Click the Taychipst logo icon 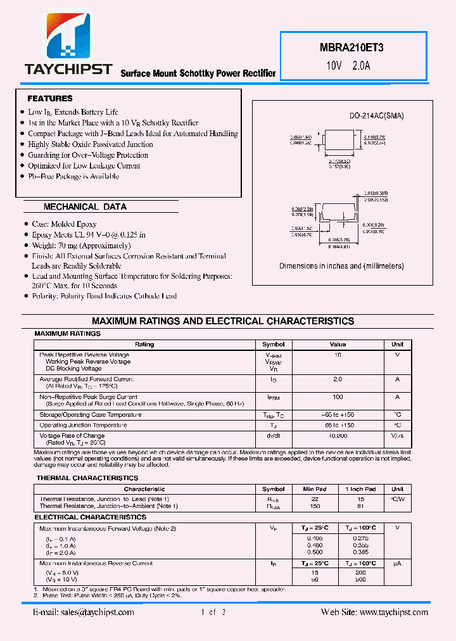pyautogui.click(x=68, y=36)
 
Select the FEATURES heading pyautogui.click(x=49, y=99)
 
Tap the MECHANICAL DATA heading pyautogui.click(x=85, y=206)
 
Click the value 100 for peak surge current pyautogui.click(x=338, y=397)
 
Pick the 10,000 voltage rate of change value pyautogui.click(x=338, y=436)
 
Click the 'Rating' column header pyautogui.click(x=144, y=345)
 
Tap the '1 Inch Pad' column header pyautogui.click(x=360, y=489)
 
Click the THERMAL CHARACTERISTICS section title pyautogui.click(x=87, y=478)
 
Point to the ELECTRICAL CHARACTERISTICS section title pyautogui.click(x=91, y=517)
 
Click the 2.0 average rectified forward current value pyautogui.click(x=338, y=379)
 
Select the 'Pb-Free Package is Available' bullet pyautogui.click(x=73, y=176)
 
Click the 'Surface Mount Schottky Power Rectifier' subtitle pyautogui.click(x=198, y=73)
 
